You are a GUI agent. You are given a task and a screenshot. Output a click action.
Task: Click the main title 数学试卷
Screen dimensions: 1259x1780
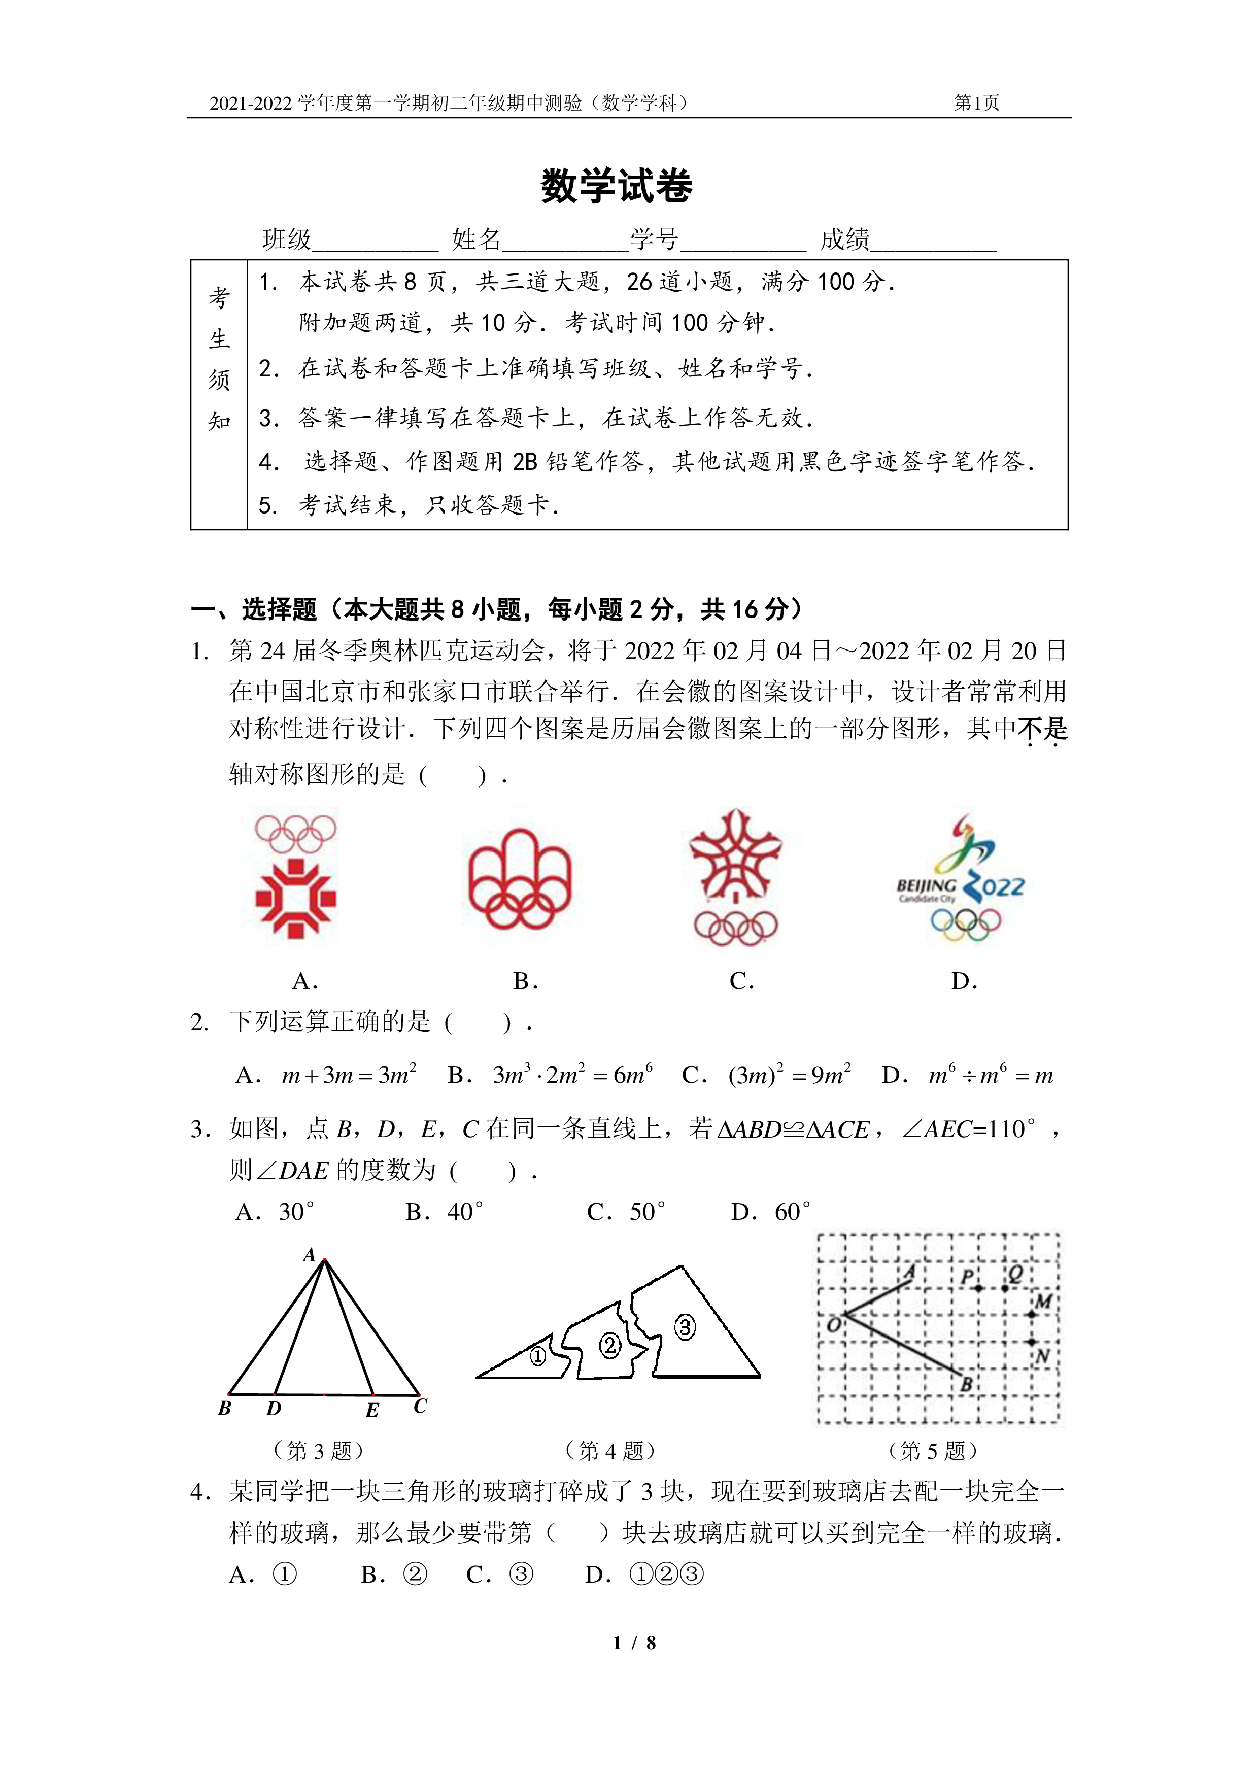(617, 186)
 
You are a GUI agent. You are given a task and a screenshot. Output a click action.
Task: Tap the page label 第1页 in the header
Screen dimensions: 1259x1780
(976, 102)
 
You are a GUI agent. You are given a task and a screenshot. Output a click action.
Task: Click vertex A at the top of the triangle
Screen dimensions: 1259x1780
(325, 1260)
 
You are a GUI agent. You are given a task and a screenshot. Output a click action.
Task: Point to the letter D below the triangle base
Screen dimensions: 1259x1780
(274, 1408)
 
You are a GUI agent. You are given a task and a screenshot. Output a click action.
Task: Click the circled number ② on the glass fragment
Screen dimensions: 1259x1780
(610, 1345)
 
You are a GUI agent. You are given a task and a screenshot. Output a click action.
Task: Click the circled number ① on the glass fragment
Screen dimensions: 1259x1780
(537, 1355)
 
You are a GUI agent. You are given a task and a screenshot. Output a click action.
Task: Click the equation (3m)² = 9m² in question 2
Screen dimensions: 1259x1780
(789, 1074)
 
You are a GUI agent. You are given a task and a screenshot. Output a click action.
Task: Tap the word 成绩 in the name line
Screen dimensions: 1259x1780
(845, 239)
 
